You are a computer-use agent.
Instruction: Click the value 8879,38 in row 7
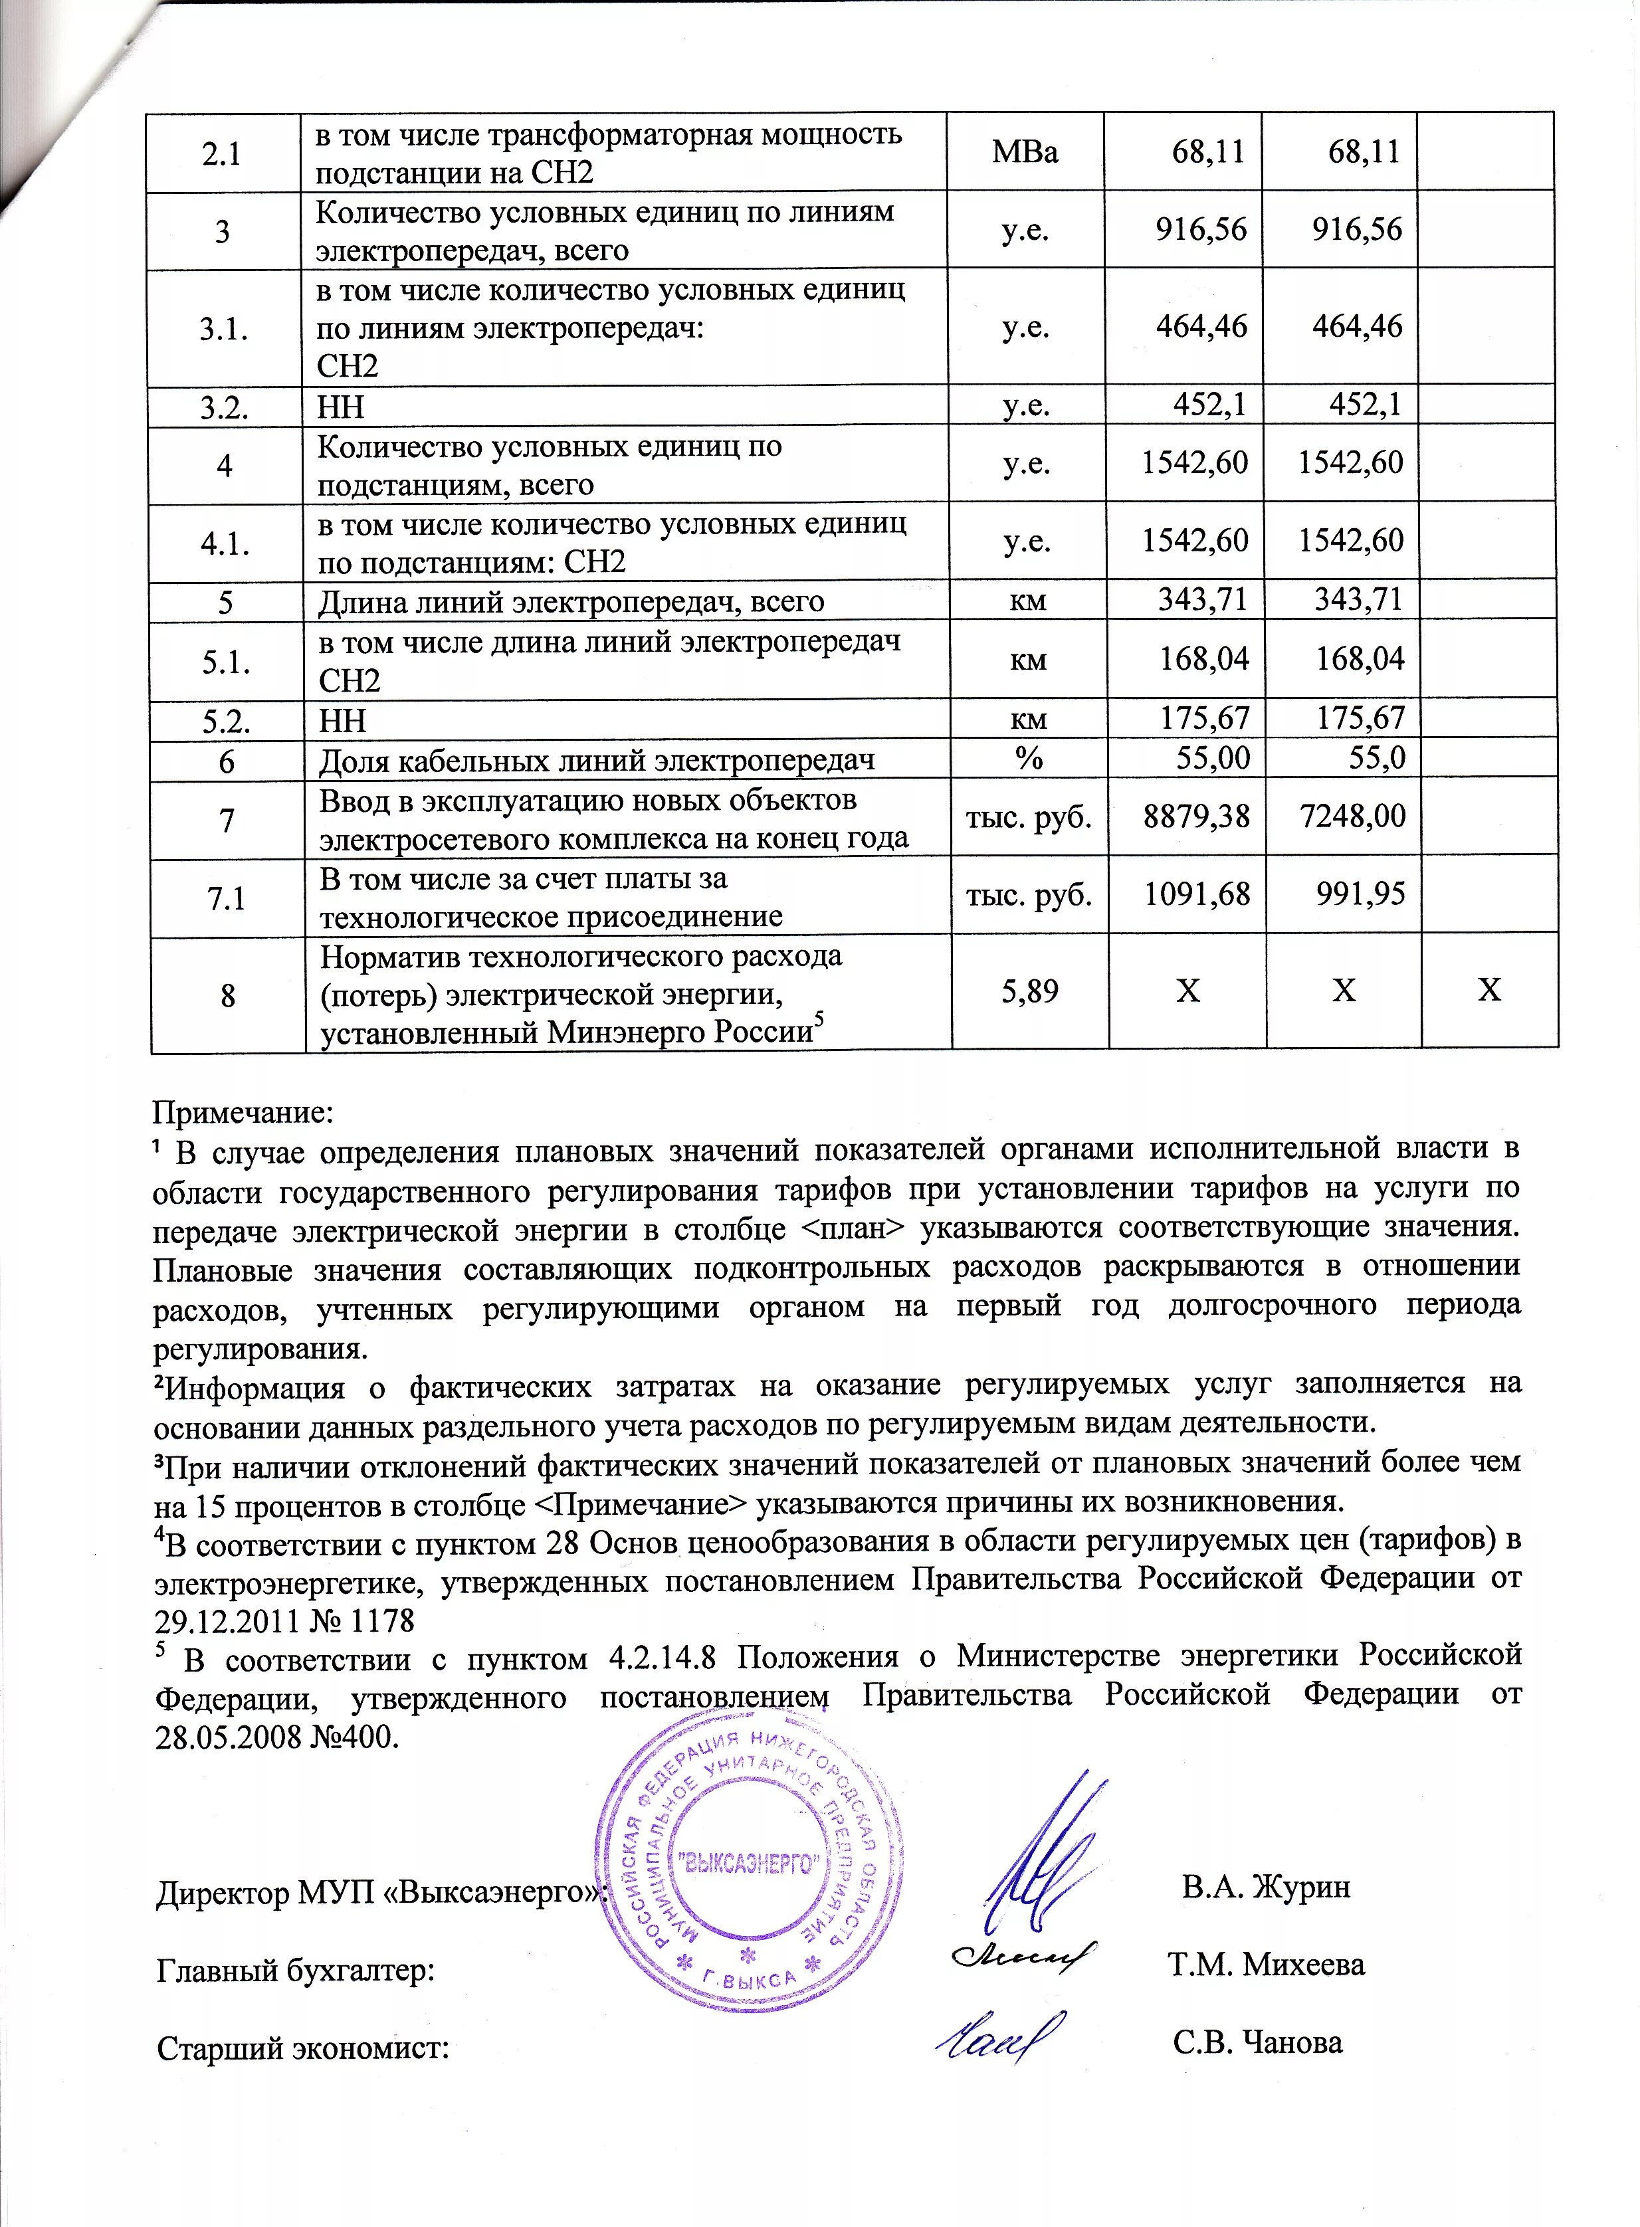[x=1195, y=817]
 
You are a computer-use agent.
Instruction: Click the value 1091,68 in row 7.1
[x=1195, y=894]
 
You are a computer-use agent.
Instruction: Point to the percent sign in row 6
[x=1029, y=758]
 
